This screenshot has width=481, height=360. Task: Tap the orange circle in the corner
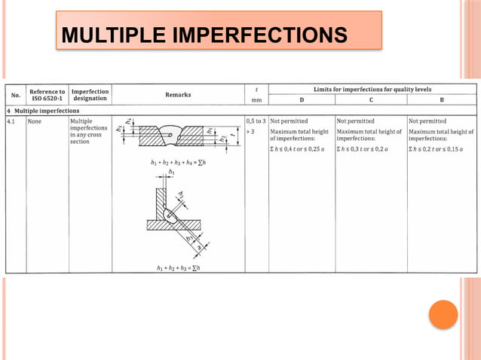point(443,314)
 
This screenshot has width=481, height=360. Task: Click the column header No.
point(15,95)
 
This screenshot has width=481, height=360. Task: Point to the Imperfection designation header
point(90,95)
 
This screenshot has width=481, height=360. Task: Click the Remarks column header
point(178,95)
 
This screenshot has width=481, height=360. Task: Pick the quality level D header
point(302,99)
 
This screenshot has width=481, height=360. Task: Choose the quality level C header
point(371,99)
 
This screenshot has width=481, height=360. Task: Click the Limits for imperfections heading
point(371,89)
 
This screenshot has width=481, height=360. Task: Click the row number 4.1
point(13,121)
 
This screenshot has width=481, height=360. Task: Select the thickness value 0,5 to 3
point(256,121)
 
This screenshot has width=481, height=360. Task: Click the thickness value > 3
point(251,130)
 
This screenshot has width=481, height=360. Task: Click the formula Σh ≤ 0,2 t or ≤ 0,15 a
point(440,148)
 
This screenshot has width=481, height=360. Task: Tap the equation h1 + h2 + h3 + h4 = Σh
point(178,163)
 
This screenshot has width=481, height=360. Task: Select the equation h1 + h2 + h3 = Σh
point(178,268)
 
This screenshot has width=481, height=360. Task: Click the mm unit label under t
point(256,99)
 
